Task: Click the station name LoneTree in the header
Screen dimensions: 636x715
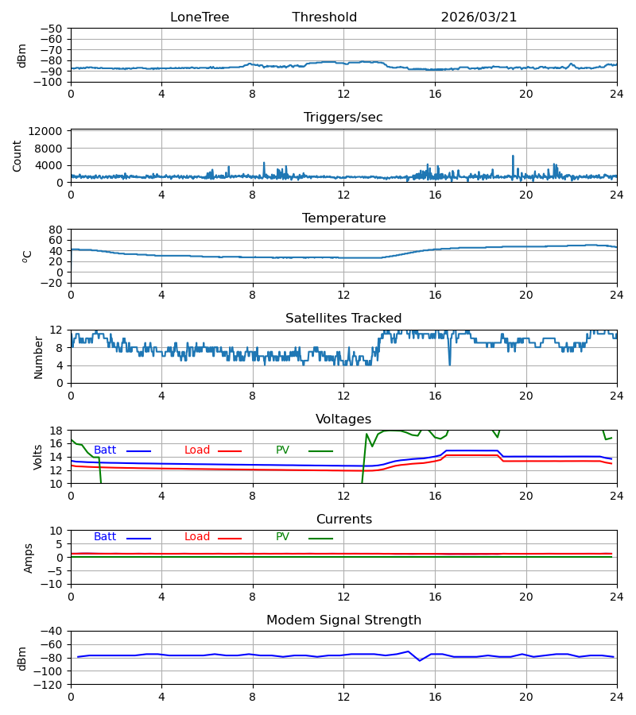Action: point(200,17)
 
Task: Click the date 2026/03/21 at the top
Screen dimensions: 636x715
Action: point(479,17)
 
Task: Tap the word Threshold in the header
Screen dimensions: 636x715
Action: point(324,17)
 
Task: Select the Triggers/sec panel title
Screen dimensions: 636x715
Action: point(343,118)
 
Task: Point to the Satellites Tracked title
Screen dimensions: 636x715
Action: point(343,319)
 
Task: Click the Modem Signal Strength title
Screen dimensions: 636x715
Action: point(343,620)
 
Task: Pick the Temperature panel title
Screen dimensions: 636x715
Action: point(343,218)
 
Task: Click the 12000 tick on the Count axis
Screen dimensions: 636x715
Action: point(45,131)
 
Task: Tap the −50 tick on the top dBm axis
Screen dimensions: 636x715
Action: point(51,29)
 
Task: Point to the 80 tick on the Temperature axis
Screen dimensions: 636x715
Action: point(56,230)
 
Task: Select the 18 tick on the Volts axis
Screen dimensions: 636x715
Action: point(56,431)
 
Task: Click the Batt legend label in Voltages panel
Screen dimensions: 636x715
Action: point(105,450)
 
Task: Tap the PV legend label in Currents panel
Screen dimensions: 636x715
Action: point(282,537)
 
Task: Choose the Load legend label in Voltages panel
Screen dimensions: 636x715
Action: point(197,450)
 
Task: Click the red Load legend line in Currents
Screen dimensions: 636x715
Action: point(230,539)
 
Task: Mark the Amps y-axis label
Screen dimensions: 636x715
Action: point(29,558)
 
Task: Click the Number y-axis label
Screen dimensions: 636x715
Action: point(38,358)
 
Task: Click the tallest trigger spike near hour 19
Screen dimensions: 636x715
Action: point(513,157)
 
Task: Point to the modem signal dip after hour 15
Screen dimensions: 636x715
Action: point(420,660)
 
